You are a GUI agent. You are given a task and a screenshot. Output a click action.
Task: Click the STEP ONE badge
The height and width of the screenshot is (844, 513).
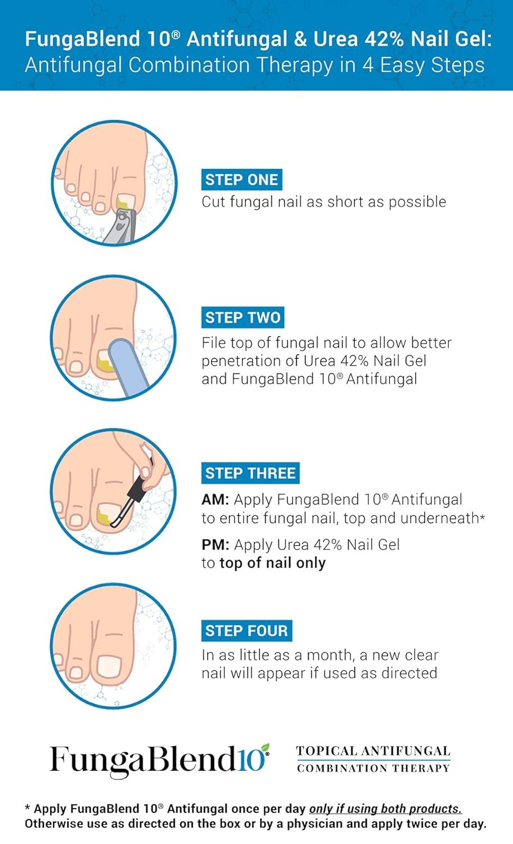[241, 179]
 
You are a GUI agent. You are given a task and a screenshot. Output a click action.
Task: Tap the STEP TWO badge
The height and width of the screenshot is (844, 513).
[242, 317]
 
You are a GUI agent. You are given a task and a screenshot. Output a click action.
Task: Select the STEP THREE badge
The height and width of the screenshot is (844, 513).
[250, 473]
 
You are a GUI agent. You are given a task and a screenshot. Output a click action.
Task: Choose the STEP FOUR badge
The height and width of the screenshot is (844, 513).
[246, 631]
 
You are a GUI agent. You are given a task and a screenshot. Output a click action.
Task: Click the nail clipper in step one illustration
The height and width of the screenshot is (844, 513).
[121, 225]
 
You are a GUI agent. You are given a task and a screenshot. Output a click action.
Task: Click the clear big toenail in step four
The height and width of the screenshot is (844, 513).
[109, 666]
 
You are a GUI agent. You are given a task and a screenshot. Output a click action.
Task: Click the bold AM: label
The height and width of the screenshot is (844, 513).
[215, 500]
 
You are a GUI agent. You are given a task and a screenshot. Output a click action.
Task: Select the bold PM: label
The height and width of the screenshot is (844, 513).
[215, 545]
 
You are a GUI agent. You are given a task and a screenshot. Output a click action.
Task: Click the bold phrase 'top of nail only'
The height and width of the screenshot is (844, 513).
[272, 563]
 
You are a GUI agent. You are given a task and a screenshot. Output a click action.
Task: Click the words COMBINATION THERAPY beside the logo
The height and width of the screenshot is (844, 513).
[373, 769]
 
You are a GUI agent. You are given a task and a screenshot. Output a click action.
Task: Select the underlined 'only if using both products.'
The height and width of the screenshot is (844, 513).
[385, 809]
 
